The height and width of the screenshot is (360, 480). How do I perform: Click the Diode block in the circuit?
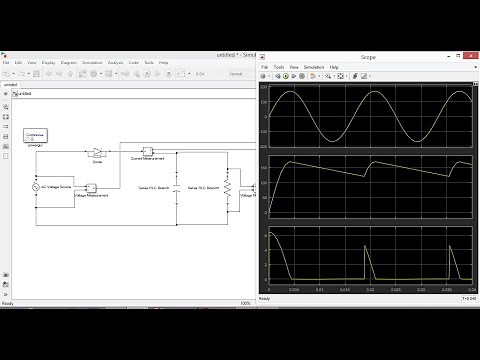click(x=98, y=153)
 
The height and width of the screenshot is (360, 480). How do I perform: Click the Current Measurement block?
click(x=146, y=152)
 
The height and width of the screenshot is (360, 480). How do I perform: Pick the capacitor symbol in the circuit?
click(x=176, y=187)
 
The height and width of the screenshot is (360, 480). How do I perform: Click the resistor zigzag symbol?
click(x=228, y=187)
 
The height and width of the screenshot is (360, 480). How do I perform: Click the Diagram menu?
click(x=69, y=62)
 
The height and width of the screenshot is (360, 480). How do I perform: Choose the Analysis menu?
click(x=116, y=62)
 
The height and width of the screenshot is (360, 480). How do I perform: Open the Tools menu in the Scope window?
click(x=280, y=67)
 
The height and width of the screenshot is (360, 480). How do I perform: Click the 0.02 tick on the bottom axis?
click(x=369, y=289)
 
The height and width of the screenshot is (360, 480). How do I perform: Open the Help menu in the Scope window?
click(x=334, y=67)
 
